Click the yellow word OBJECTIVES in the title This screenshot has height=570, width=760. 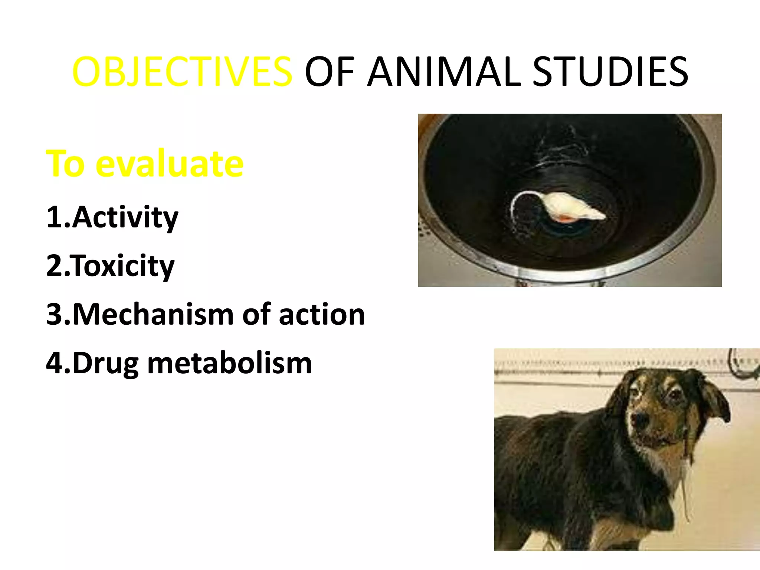pos(182,72)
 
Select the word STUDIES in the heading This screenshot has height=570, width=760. pos(610,72)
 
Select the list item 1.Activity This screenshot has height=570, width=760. pos(112,217)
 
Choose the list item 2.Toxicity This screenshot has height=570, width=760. pos(110,266)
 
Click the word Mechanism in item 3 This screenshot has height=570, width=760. pos(153,314)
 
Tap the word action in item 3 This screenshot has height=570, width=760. pos(322,314)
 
